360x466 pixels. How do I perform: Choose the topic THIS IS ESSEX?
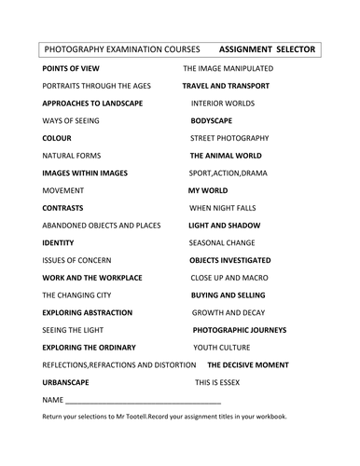[221, 382]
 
